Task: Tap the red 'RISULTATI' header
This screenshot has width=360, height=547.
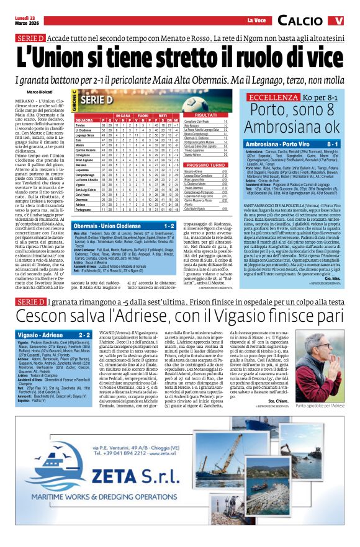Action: click(x=206, y=115)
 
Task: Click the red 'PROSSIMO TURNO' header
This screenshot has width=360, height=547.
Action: click(x=206, y=165)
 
